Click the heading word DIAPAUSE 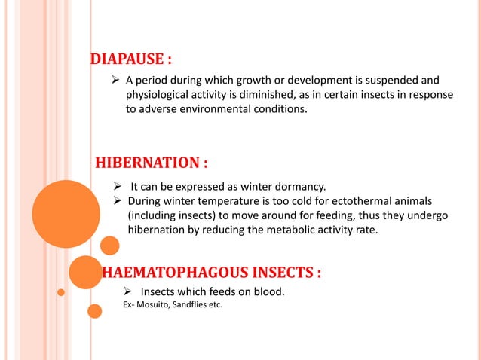coord(123,59)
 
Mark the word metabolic coord(284,230)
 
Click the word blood coord(268,291)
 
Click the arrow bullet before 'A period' coord(116,80)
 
